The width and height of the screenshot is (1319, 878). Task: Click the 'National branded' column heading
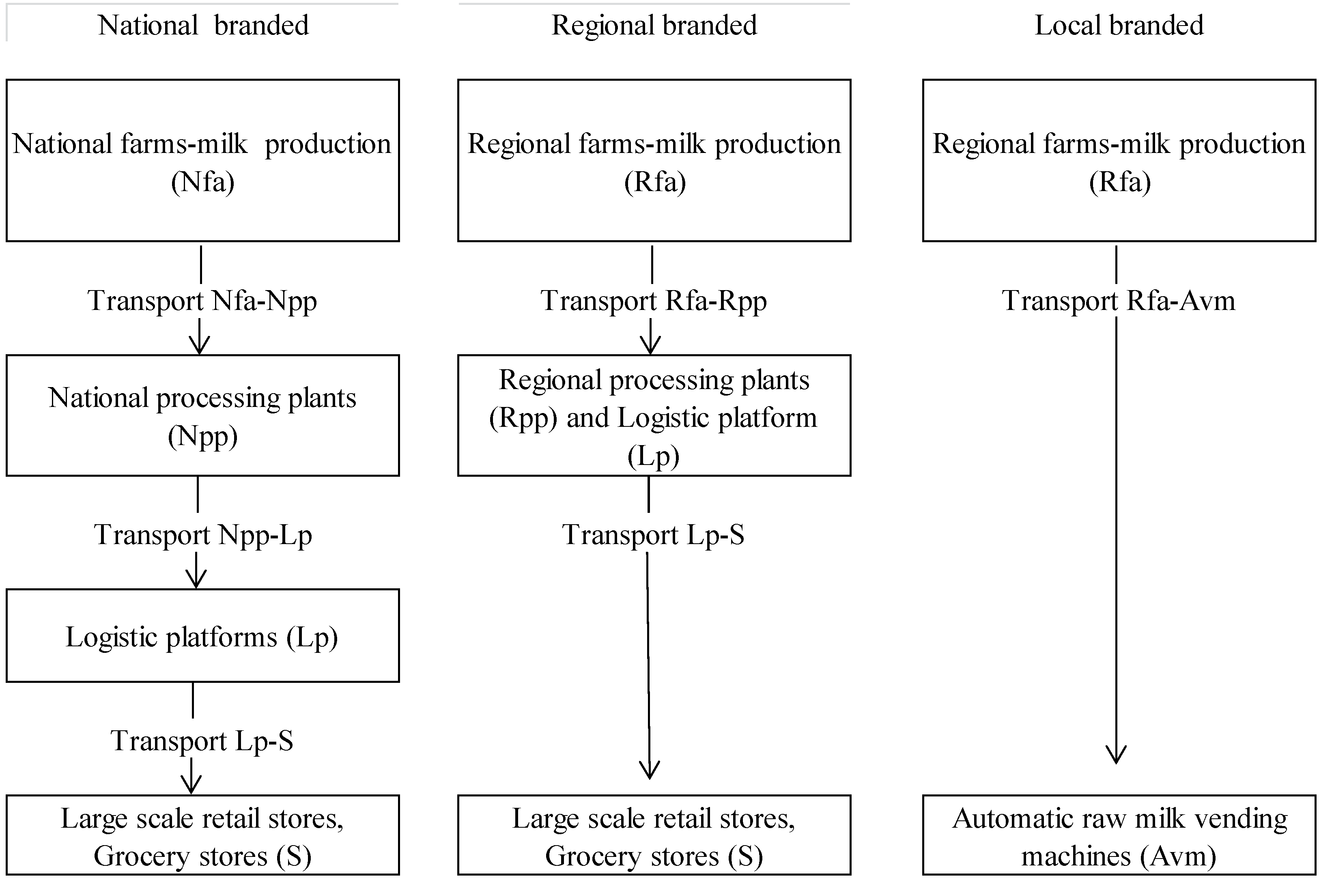tap(203, 25)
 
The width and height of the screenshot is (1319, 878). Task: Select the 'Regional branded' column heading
tap(654, 25)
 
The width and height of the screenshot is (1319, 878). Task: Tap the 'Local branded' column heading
tap(1119, 25)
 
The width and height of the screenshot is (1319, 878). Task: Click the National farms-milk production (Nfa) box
tap(203, 160)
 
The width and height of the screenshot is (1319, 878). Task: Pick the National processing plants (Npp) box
tap(203, 415)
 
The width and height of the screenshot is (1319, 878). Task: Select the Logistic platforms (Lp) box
tap(203, 635)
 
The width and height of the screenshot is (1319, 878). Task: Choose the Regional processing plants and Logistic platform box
tap(654, 415)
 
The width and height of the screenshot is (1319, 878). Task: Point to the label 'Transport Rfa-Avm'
tap(1118, 301)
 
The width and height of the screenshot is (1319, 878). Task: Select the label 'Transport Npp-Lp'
tap(203, 535)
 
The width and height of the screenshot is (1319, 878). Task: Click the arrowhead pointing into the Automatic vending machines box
tap(1116, 756)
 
